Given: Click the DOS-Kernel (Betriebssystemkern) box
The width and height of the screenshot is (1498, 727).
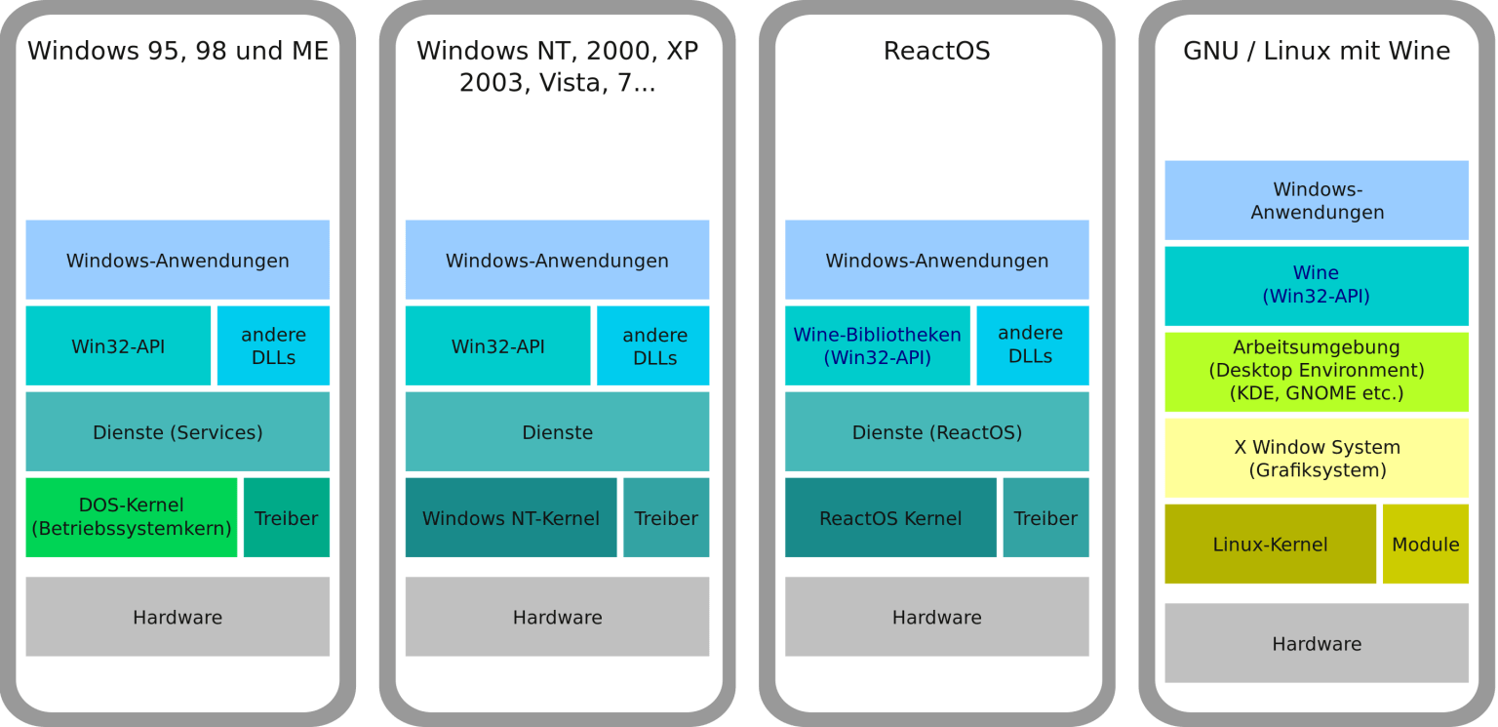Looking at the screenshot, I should [x=131, y=517].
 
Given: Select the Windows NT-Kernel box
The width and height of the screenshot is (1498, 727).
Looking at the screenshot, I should [x=510, y=517].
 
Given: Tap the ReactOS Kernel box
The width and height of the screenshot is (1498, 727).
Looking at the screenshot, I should [x=889, y=517].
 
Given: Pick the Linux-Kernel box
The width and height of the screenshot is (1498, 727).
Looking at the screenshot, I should [x=1270, y=544].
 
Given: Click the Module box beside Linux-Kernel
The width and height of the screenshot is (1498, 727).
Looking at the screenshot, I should [x=1425, y=544].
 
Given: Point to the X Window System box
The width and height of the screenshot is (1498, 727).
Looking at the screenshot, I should [x=1317, y=458].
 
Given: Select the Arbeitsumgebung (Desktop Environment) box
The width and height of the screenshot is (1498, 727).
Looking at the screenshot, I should [x=1317, y=371].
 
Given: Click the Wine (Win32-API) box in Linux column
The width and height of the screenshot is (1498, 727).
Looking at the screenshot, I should [x=1317, y=285].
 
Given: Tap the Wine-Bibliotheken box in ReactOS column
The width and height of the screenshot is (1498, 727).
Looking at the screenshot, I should [x=877, y=345].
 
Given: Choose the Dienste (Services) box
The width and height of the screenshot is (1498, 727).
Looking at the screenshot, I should [x=177, y=431].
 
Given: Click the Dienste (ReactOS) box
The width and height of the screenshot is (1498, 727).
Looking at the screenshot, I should [x=936, y=431].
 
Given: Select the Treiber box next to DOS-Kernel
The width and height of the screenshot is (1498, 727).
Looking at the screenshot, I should [x=286, y=517].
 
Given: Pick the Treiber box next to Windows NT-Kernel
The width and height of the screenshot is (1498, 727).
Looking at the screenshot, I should [x=666, y=517].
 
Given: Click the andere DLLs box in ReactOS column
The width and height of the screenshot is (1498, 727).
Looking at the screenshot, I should [x=1032, y=345].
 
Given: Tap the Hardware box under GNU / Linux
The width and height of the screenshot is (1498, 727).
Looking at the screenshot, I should [x=1317, y=643].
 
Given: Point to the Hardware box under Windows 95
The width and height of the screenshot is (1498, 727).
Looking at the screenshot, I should [x=177, y=617].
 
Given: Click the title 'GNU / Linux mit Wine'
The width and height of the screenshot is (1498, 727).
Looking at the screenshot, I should [x=1317, y=51].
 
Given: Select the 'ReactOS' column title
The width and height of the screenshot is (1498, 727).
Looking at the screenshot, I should [x=936, y=51].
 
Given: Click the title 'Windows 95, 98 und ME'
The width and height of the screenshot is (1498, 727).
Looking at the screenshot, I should [x=177, y=51].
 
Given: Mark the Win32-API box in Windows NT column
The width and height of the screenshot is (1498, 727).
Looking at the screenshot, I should [x=497, y=345].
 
